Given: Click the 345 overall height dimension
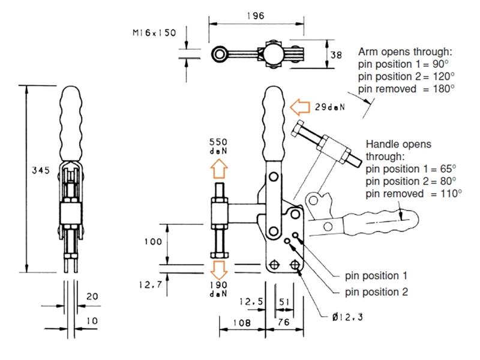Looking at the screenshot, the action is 41,170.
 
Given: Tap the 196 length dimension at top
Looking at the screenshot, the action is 256,16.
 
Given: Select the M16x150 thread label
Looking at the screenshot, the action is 154,32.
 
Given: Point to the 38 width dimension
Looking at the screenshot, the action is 336,55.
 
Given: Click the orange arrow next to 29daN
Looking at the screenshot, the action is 299,107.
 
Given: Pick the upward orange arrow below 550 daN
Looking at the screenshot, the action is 219,169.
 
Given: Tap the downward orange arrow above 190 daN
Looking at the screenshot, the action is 219,270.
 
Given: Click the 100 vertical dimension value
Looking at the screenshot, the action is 153,242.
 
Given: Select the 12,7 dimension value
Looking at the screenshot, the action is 150,285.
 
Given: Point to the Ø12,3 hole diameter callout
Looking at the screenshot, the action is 347,317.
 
